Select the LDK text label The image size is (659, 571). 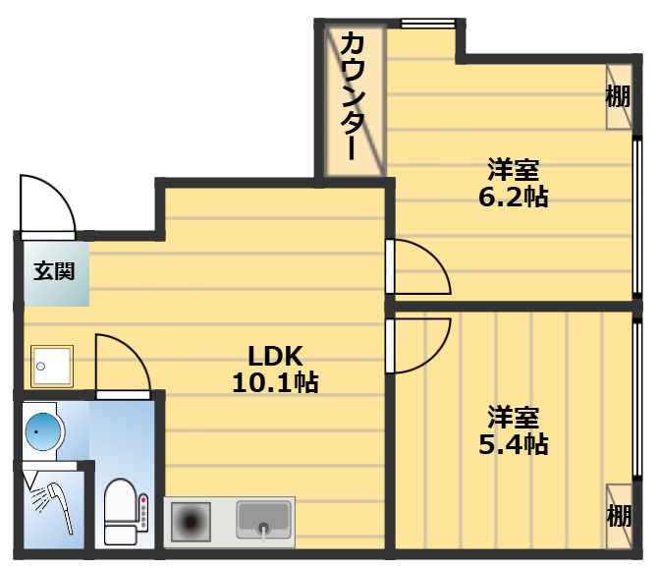coord(275,355)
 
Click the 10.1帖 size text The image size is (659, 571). coord(275,382)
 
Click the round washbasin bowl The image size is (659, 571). coord(42,429)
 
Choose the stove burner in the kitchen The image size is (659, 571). coord(192,521)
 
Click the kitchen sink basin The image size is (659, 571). coord(263,518)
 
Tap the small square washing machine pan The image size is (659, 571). coord(50,366)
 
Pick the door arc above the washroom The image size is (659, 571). coord(122,364)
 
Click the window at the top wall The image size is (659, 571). coord(428,23)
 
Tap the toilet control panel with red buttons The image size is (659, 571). coord(143,512)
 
